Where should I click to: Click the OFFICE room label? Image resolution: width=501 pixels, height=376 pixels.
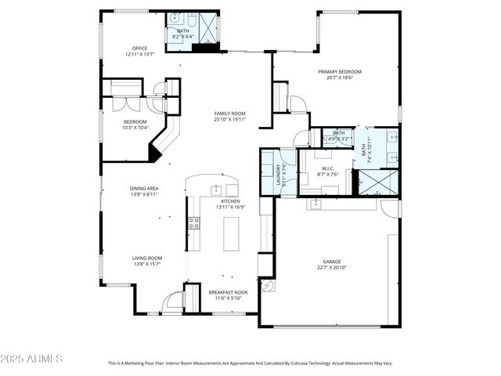click(140, 48)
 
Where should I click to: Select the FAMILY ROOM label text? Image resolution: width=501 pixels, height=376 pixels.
click(230, 114)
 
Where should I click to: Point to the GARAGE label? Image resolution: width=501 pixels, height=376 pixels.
click(332, 262)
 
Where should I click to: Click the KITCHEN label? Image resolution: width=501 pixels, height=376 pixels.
click(231, 201)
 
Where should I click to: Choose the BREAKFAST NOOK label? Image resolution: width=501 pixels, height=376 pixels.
click(228, 292)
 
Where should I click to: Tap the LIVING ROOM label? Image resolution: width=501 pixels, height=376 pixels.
click(146, 258)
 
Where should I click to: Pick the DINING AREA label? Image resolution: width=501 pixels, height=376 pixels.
click(144, 188)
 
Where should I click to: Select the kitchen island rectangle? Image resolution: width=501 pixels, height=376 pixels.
click(231, 233)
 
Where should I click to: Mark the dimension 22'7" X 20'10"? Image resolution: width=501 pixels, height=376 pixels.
click(332, 268)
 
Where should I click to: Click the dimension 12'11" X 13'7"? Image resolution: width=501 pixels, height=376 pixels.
click(140, 54)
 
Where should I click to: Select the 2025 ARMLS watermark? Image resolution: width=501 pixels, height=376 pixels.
click(31, 358)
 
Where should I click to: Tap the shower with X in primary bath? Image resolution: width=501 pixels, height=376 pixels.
click(378, 182)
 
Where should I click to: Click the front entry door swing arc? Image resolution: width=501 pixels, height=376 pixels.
click(171, 301)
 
